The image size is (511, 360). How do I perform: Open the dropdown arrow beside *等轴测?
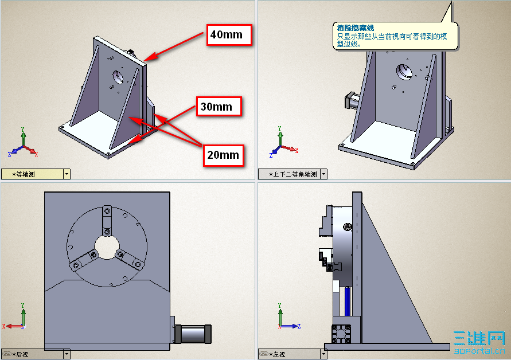67,174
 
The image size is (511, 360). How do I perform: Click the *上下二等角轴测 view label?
292,174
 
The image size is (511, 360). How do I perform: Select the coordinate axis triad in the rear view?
17,321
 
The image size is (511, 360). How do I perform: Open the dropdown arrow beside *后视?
67,354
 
